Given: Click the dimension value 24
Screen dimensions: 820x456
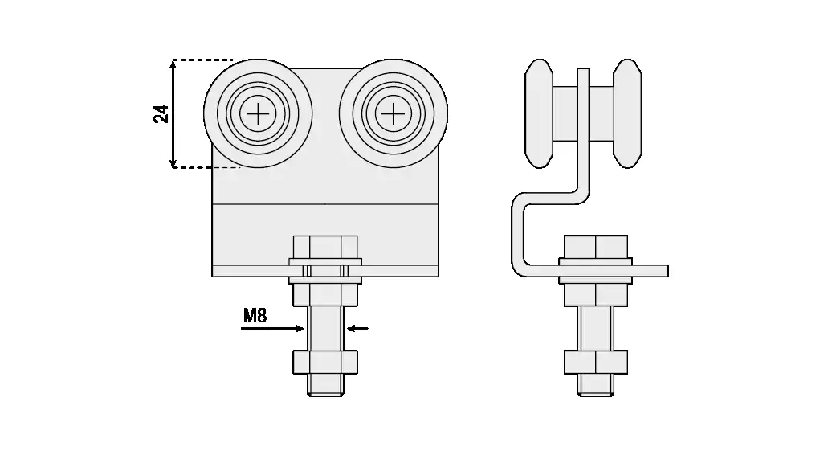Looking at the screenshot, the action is (161, 113).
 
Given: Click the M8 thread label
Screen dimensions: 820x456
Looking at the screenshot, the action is (255, 316).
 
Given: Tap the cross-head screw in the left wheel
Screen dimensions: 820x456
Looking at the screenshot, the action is (258, 113).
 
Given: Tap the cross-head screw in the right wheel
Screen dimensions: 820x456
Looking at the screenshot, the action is (394, 113).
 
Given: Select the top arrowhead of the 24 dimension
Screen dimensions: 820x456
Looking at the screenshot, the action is (173, 65).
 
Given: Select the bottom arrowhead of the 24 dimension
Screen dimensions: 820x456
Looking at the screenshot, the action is (173, 162).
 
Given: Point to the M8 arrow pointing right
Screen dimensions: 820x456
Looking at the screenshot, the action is (272, 329).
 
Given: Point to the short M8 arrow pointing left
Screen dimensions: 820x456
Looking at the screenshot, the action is (357, 329).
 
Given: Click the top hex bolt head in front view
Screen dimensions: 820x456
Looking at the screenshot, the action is (325, 247).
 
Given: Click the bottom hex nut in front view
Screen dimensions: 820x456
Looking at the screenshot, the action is (325, 362).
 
